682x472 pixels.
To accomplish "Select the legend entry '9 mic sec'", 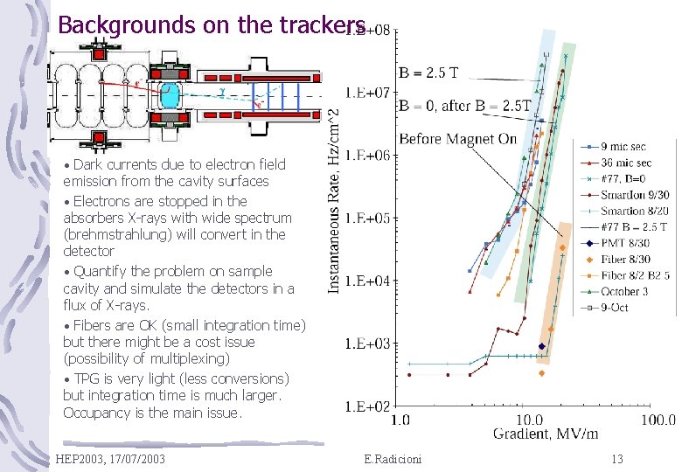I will [623, 147].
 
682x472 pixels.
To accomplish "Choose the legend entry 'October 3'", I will [625, 292].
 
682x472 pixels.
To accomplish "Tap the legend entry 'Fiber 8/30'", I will [626, 260].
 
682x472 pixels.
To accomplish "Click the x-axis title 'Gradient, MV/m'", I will [546, 434].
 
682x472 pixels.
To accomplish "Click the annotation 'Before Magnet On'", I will [458, 139].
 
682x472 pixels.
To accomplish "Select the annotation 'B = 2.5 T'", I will [428, 73].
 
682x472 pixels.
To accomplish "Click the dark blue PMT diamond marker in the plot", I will [542, 346].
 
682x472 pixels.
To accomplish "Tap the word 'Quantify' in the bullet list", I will [101, 272].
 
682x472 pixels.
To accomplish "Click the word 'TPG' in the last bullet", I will [87, 379].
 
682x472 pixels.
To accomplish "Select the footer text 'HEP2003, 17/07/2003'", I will [109, 459].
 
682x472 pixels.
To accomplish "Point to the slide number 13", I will [617, 459].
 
